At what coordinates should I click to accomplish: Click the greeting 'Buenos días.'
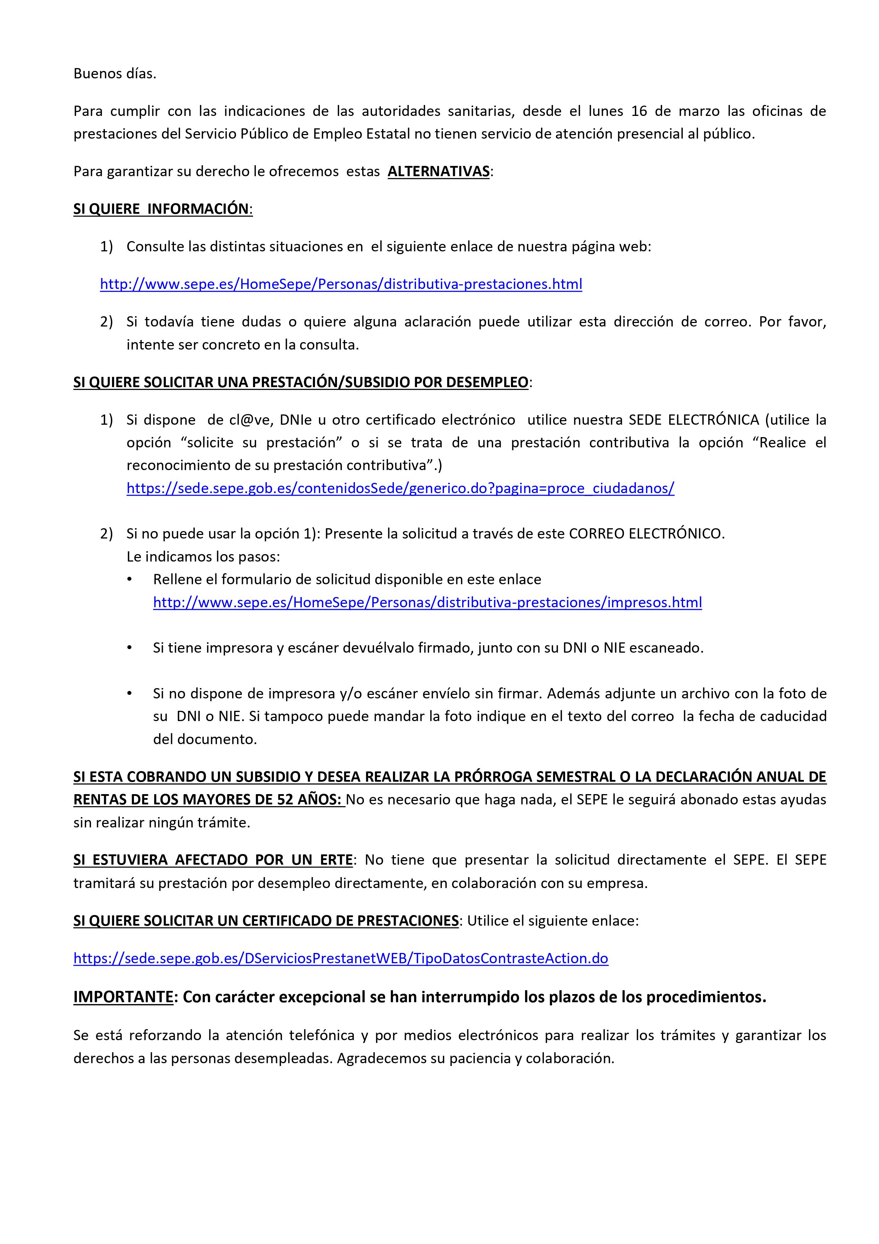click(115, 74)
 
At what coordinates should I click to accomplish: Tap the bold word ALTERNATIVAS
click(438, 171)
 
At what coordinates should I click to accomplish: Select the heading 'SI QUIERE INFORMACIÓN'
click(163, 209)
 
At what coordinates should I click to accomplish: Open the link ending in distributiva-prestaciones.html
click(341, 284)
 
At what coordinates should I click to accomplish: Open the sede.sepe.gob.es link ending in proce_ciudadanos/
click(400, 488)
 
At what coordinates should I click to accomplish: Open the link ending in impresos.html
click(427, 602)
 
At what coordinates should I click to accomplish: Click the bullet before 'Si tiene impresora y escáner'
click(129, 648)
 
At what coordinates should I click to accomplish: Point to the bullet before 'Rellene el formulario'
click(129, 579)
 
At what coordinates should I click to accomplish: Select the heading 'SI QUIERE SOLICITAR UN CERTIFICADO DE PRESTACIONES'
click(266, 921)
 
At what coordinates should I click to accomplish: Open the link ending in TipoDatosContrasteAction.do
click(341, 959)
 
